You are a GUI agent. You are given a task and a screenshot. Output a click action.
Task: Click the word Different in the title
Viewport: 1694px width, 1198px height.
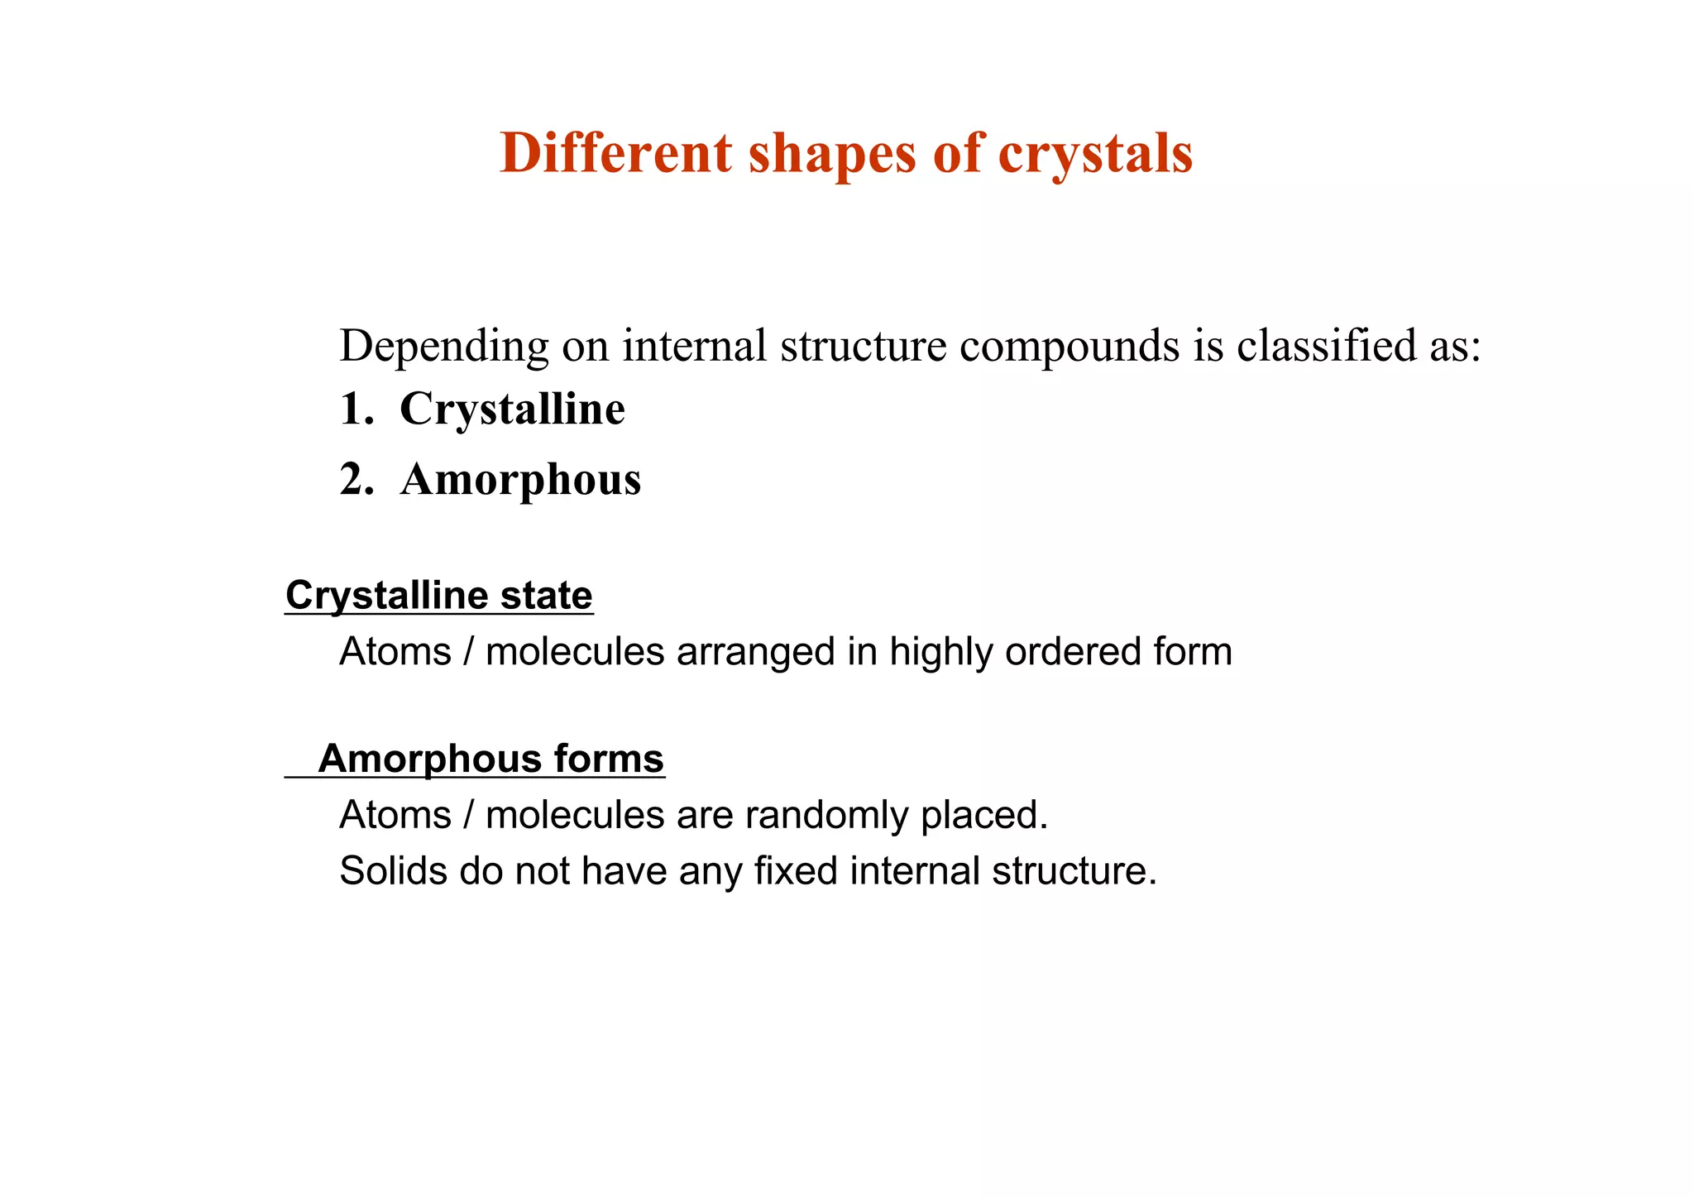pyautogui.click(x=616, y=153)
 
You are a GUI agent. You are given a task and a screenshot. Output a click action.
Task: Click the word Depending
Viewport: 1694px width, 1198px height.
pyautogui.click(x=444, y=347)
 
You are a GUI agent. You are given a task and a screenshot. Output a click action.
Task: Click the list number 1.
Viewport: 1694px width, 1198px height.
pyautogui.click(x=353, y=410)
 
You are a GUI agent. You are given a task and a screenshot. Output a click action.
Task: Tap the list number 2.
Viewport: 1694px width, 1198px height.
pyautogui.click(x=353, y=480)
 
